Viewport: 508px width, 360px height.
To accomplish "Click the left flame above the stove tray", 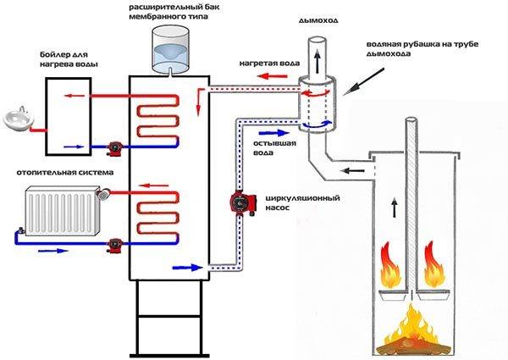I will click(x=390, y=263).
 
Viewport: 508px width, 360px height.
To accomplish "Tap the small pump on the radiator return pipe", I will click(x=113, y=246).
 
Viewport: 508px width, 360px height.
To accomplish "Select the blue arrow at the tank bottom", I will click(x=183, y=268).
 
